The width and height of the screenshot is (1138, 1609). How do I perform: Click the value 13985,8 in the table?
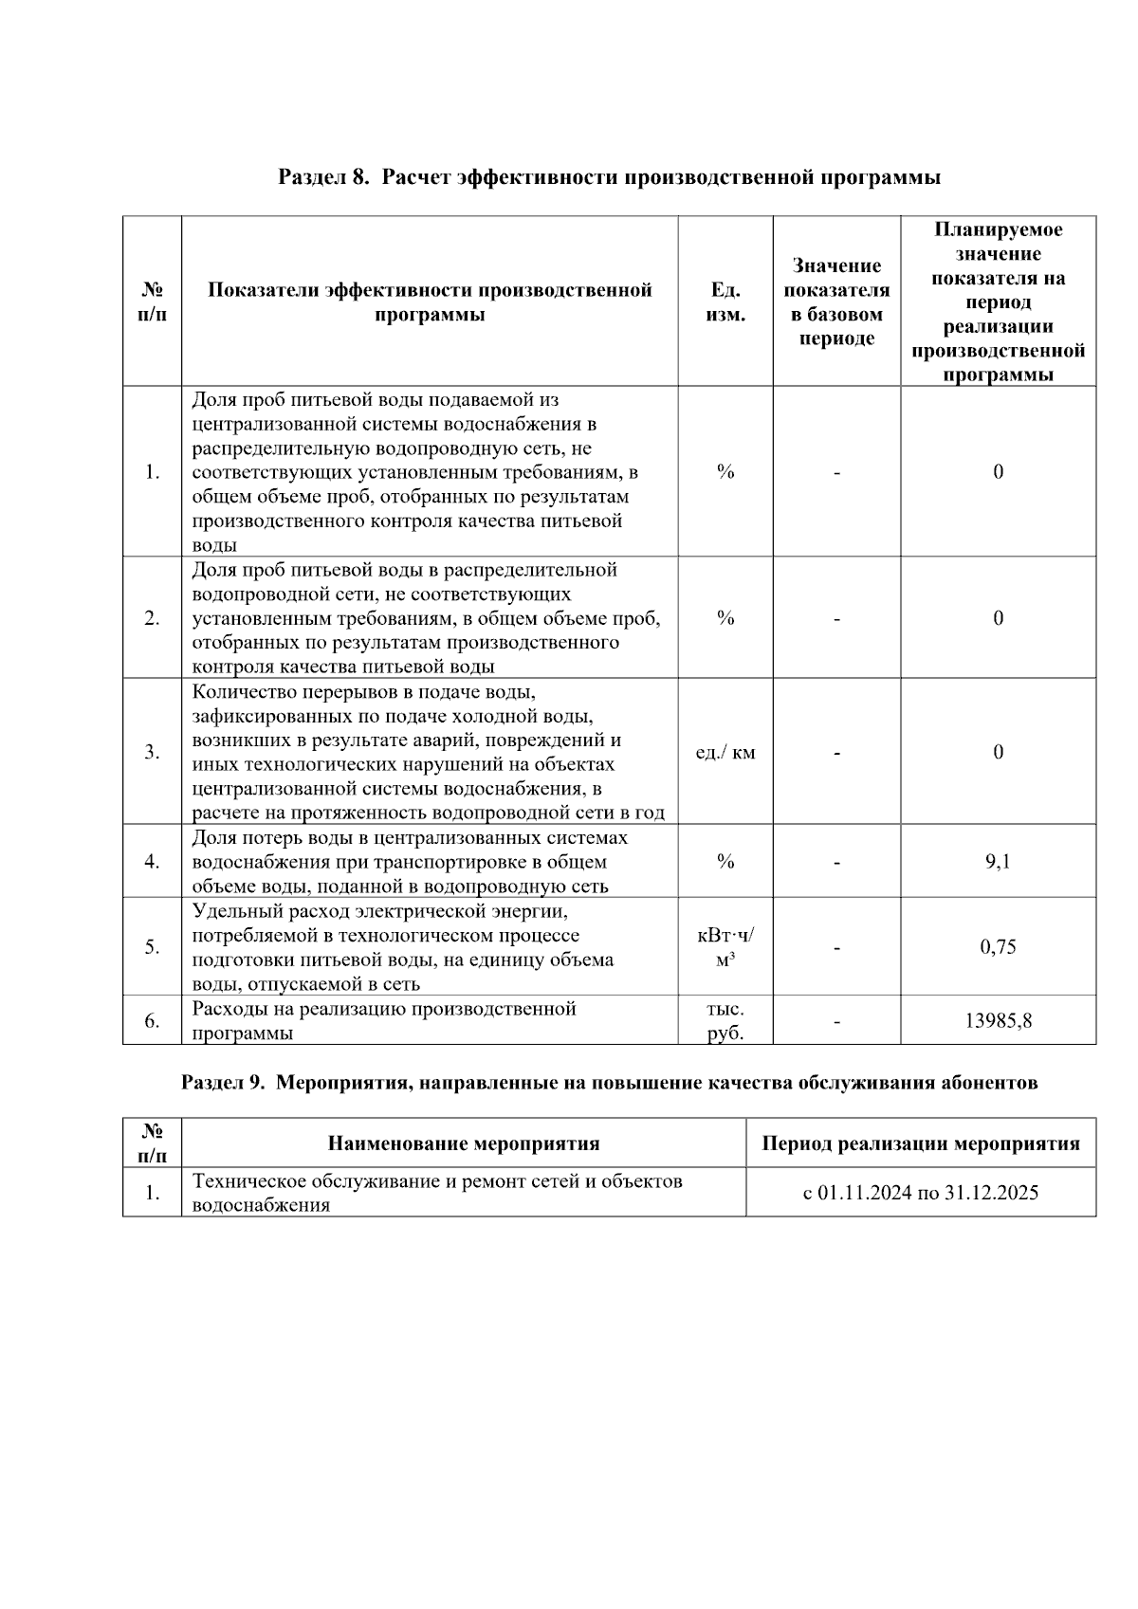pyautogui.click(x=998, y=1020)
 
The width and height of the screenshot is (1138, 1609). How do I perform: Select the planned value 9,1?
pyautogui.click(x=998, y=861)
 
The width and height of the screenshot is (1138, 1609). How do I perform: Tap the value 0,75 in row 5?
pyautogui.click(x=998, y=946)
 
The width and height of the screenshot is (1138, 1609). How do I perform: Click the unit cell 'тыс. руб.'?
pyautogui.click(x=725, y=1020)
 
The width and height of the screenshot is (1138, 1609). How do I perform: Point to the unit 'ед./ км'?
pyautogui.click(x=725, y=752)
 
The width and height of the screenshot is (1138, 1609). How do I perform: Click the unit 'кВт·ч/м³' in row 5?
pyautogui.click(x=725, y=946)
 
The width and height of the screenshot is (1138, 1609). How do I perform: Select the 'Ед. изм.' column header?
pyautogui.click(x=725, y=302)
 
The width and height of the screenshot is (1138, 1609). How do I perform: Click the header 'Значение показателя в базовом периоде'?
pyautogui.click(x=836, y=302)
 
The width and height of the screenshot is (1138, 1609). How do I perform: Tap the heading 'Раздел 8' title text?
pyautogui.click(x=609, y=177)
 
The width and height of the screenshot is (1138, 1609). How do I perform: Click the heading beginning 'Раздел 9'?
pyautogui.click(x=609, y=1082)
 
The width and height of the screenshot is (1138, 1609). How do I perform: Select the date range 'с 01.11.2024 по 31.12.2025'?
pyautogui.click(x=920, y=1192)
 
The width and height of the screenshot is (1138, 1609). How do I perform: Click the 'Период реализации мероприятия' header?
pyautogui.click(x=920, y=1143)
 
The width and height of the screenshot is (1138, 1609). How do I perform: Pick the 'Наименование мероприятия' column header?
pyautogui.click(x=463, y=1143)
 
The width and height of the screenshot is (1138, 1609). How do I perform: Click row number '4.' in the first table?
pyautogui.click(x=152, y=861)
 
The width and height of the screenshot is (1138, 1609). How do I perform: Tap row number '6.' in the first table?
pyautogui.click(x=152, y=1020)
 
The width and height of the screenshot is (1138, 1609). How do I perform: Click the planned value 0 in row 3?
pyautogui.click(x=998, y=752)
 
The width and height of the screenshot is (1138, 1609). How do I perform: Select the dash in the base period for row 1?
pyautogui.click(x=836, y=472)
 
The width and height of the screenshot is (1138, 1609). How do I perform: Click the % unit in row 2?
pyautogui.click(x=725, y=618)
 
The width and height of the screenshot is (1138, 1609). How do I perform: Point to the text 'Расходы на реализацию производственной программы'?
pyautogui.click(x=384, y=1020)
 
